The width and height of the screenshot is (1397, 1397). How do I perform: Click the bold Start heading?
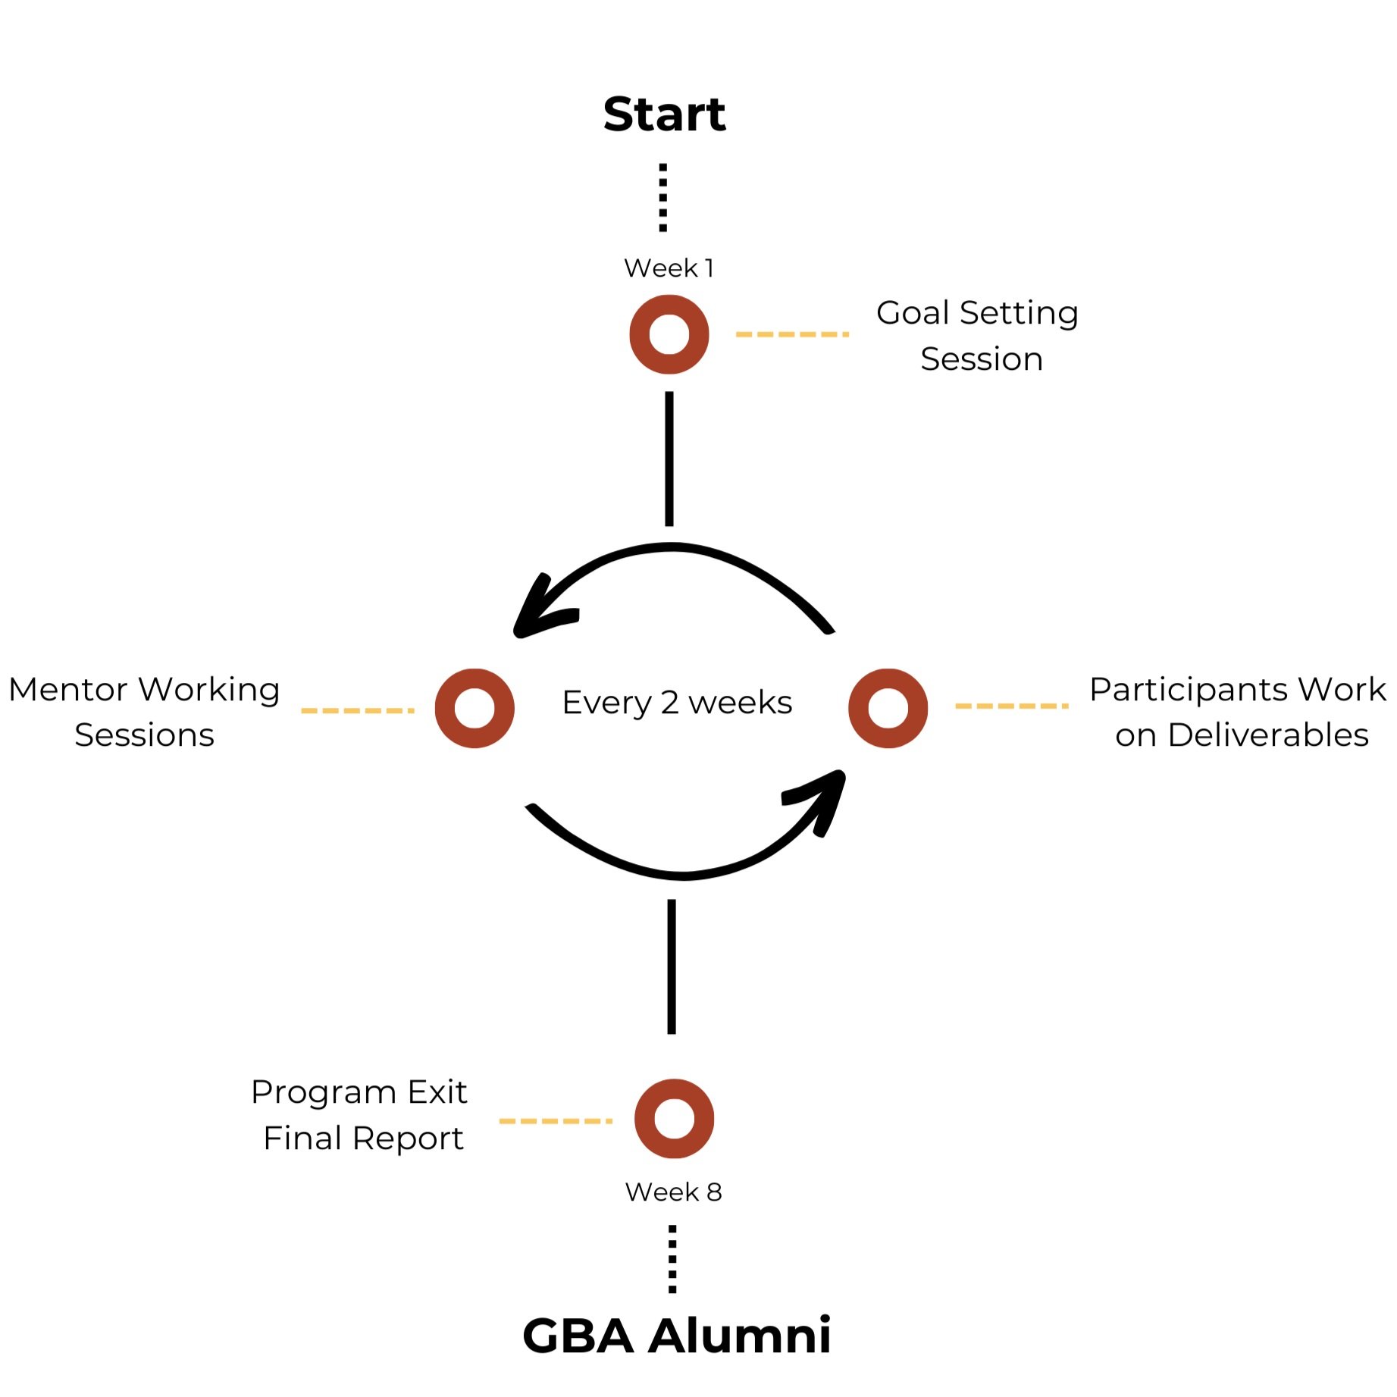(664, 114)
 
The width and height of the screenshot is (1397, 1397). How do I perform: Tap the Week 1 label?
(669, 268)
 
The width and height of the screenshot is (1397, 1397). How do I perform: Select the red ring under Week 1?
(669, 334)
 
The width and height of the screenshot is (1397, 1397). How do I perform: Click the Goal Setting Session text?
(978, 336)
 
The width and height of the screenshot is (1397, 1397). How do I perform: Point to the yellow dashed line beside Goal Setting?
(792, 334)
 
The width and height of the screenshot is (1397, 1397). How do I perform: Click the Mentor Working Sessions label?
(144, 712)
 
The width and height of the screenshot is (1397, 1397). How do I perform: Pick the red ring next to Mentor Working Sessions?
(475, 708)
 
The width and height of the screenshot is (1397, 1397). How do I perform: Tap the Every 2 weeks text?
(677, 703)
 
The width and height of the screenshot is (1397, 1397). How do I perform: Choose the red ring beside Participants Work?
(888, 708)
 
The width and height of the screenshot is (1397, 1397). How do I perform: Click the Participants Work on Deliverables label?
(1239, 712)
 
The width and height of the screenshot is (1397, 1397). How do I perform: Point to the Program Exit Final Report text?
(360, 1115)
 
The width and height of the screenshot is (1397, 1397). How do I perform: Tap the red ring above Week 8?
(674, 1119)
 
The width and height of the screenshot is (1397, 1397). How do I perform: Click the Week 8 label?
(673, 1192)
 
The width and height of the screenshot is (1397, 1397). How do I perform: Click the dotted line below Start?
(663, 197)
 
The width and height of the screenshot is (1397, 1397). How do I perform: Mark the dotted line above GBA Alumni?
(672, 1259)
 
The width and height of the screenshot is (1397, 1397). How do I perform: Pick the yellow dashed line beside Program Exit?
(555, 1121)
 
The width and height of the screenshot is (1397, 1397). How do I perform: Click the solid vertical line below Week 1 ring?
(669, 459)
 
